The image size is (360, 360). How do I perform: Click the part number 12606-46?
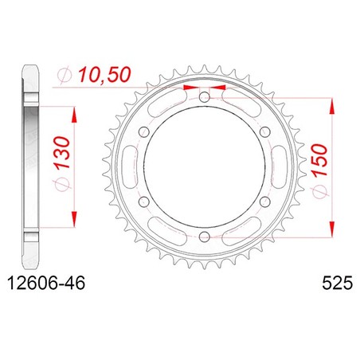coord(47,283)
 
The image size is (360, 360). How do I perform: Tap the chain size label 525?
coord(337,283)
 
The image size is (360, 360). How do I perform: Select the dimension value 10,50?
coord(104,74)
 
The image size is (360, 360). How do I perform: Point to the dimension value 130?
coord(62,153)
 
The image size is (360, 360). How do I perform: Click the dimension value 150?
coord(319,161)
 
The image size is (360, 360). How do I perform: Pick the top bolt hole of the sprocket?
coord(204,96)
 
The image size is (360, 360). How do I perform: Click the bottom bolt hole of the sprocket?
coord(204,236)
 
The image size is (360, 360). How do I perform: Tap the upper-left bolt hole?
coord(144,131)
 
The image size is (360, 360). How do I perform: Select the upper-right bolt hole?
coord(264,131)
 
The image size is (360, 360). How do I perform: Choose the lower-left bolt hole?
coord(144,202)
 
